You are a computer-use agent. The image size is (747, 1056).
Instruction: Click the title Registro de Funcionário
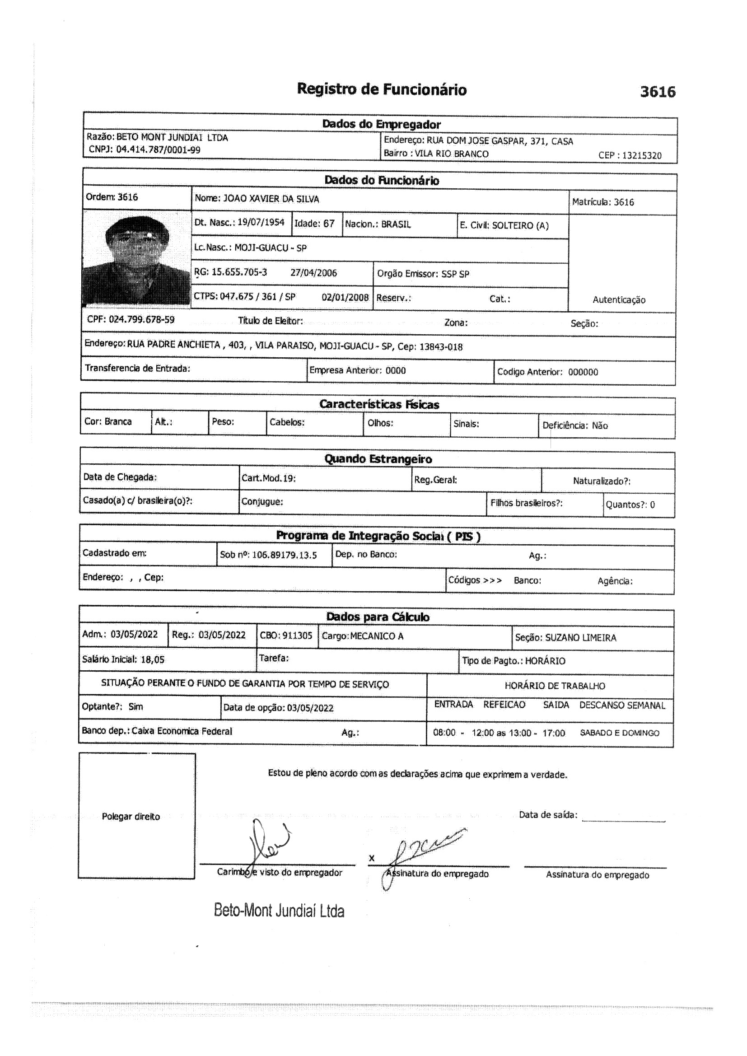pos(381,89)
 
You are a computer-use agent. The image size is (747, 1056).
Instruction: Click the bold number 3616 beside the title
pos(657,92)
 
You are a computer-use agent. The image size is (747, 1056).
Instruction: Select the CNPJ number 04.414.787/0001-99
pos(158,150)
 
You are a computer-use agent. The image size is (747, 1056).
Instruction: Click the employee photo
pos(136,259)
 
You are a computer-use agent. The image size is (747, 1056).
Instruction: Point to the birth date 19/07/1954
pos(261,223)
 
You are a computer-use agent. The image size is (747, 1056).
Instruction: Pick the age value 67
pos(328,224)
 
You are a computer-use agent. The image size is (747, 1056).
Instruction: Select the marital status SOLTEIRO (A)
pos(520,226)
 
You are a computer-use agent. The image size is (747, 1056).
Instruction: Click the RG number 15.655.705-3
pos(239,272)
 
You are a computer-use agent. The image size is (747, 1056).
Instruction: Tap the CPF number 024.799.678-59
pos(142,320)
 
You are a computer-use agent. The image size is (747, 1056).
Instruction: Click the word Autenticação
pos(619,300)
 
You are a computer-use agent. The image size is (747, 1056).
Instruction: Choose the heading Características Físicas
pos(379,404)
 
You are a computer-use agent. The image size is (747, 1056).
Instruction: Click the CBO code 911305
pos(297,635)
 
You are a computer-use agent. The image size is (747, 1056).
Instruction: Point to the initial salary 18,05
pos(152,659)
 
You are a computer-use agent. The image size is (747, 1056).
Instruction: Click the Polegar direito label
pos(131,817)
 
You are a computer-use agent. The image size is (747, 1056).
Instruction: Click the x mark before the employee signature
pos(372,858)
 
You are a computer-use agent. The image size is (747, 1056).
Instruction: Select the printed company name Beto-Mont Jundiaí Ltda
pos(279,911)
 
